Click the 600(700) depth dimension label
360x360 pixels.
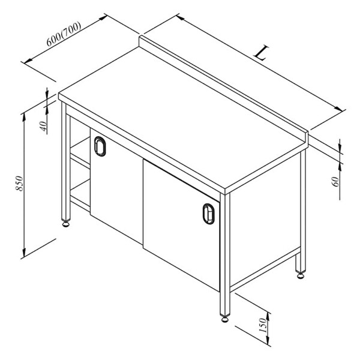tap(64, 34)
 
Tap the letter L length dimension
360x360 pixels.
tap(261, 53)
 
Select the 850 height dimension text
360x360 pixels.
tap(19, 184)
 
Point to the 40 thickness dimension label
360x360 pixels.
tap(44, 126)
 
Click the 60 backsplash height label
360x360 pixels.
tap(335, 182)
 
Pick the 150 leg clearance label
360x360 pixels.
tap(263, 325)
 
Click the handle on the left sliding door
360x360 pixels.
tap(100, 146)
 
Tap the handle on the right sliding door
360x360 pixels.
tap(208, 214)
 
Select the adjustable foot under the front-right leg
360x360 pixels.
tap(225, 319)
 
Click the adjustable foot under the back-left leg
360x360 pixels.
tap(66, 224)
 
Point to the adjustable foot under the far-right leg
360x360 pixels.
tap(301, 275)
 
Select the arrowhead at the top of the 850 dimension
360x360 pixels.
tap(23, 117)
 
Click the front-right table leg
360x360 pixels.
tap(225, 255)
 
